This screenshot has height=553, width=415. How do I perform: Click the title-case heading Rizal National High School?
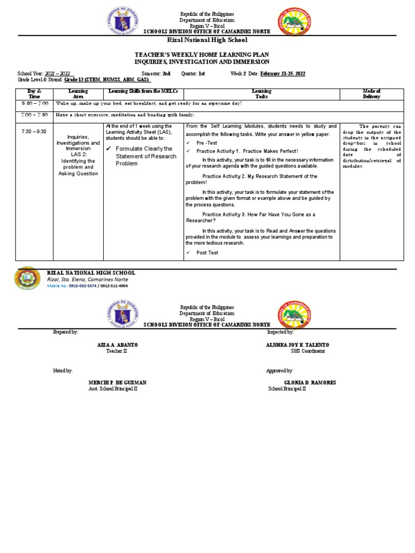207,40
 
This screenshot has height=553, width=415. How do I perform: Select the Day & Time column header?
35,94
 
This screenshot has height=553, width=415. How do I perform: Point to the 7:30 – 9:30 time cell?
35,131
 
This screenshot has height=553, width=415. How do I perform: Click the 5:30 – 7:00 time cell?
35,103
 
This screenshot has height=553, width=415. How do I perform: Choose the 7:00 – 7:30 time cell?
35,115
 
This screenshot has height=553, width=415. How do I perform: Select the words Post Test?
207,253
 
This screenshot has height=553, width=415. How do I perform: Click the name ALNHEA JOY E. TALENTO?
298,345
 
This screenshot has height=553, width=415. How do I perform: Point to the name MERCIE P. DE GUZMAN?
117,382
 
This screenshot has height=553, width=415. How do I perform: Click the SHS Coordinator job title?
308,351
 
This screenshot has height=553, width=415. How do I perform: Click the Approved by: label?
280,371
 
